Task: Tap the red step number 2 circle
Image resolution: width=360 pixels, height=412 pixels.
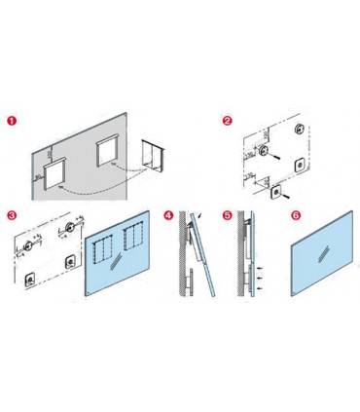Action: (x=228, y=121)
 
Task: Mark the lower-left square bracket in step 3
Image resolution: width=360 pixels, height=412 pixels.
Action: (x=29, y=281)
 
